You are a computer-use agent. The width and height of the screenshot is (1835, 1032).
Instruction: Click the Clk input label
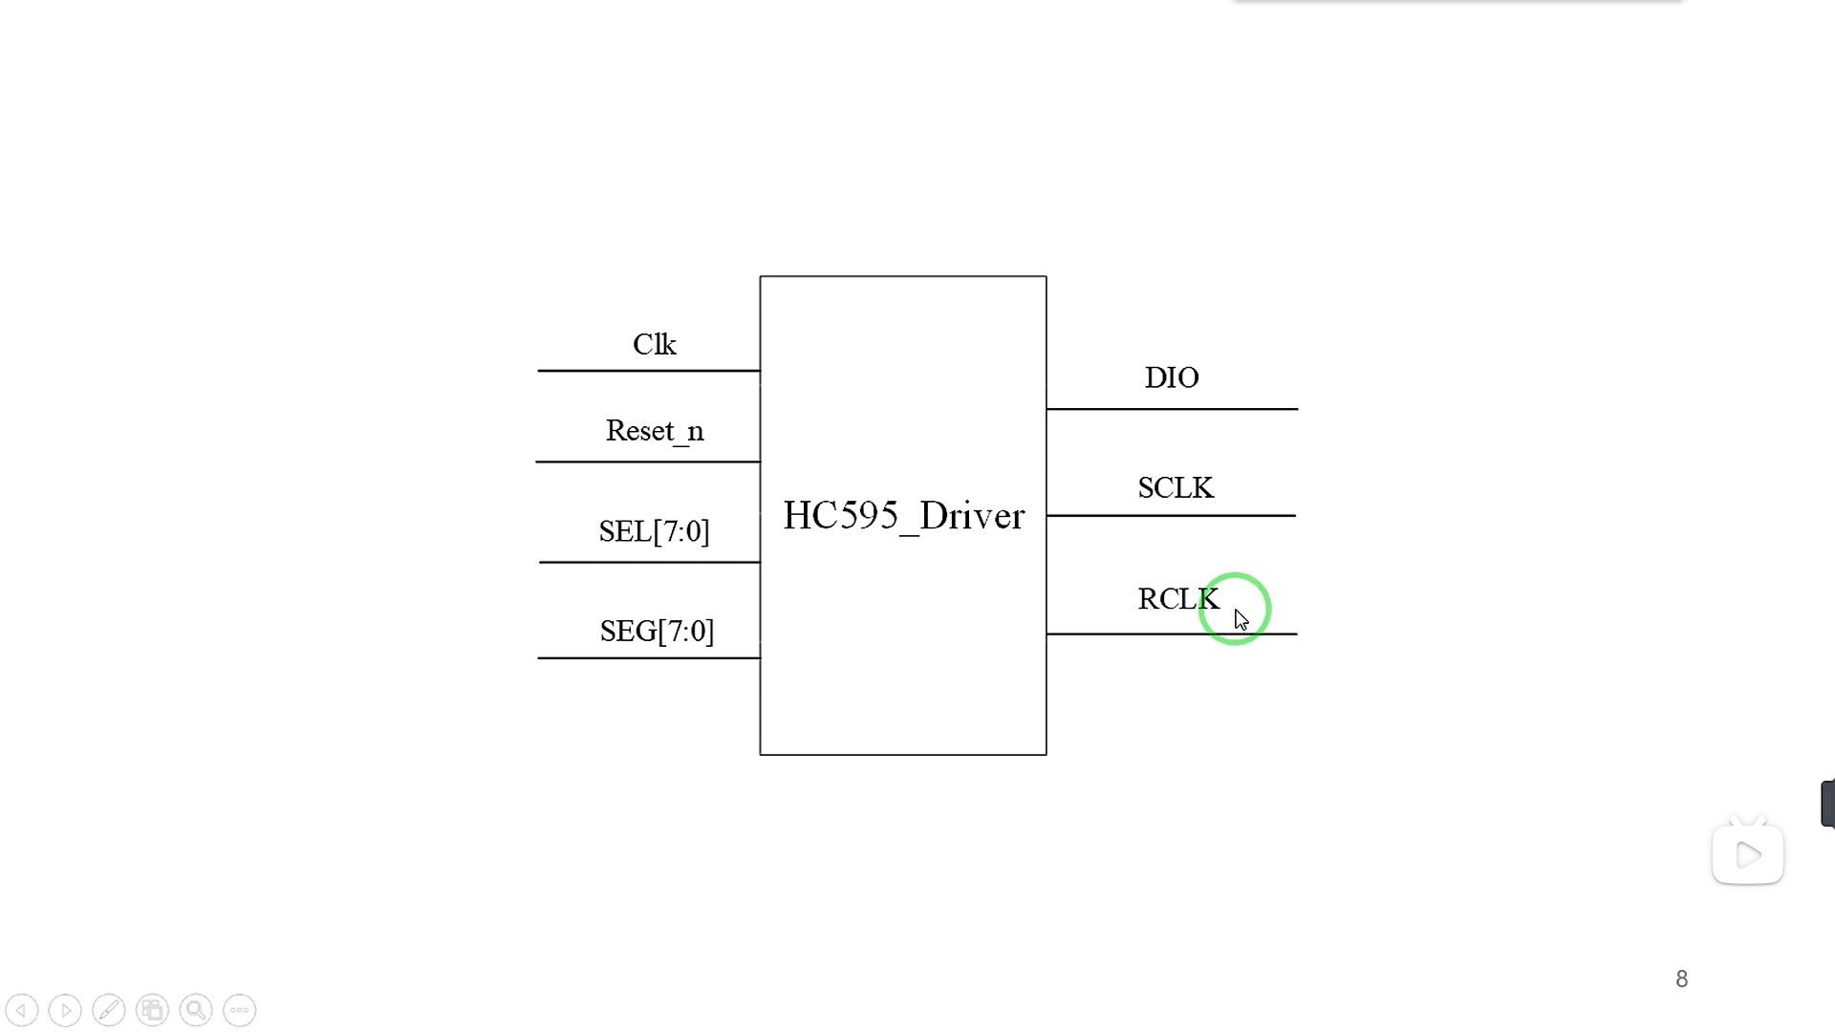point(655,344)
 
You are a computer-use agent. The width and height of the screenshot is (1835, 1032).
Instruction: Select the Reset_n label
point(655,431)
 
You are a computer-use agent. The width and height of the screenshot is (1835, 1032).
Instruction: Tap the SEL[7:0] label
point(655,531)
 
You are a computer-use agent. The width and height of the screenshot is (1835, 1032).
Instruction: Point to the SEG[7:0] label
point(657,631)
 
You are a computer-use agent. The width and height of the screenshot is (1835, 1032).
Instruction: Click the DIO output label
point(1172,377)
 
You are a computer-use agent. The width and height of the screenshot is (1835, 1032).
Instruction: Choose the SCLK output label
point(1176,488)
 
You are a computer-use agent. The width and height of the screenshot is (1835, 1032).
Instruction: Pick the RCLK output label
point(1177,599)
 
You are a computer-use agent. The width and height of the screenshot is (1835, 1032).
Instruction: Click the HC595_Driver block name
point(903,516)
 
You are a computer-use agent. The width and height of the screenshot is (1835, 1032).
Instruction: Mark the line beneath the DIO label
point(1172,409)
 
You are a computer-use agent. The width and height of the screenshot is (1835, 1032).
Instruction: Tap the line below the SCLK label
point(1171,516)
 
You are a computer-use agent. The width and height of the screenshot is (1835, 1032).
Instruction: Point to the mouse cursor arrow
point(1241,620)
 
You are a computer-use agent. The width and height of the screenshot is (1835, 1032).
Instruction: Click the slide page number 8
point(1682,979)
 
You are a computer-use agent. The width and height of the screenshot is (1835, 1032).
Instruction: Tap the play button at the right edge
point(1748,854)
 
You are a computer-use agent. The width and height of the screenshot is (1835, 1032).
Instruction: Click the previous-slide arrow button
point(21,1010)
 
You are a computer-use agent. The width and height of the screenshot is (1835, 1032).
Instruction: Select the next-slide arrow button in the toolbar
point(65,1010)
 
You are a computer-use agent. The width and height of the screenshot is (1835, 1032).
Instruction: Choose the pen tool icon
point(109,1010)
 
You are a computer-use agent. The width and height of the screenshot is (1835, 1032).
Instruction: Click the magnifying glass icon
point(196,1010)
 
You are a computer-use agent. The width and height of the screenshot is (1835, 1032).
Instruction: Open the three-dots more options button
point(240,1010)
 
